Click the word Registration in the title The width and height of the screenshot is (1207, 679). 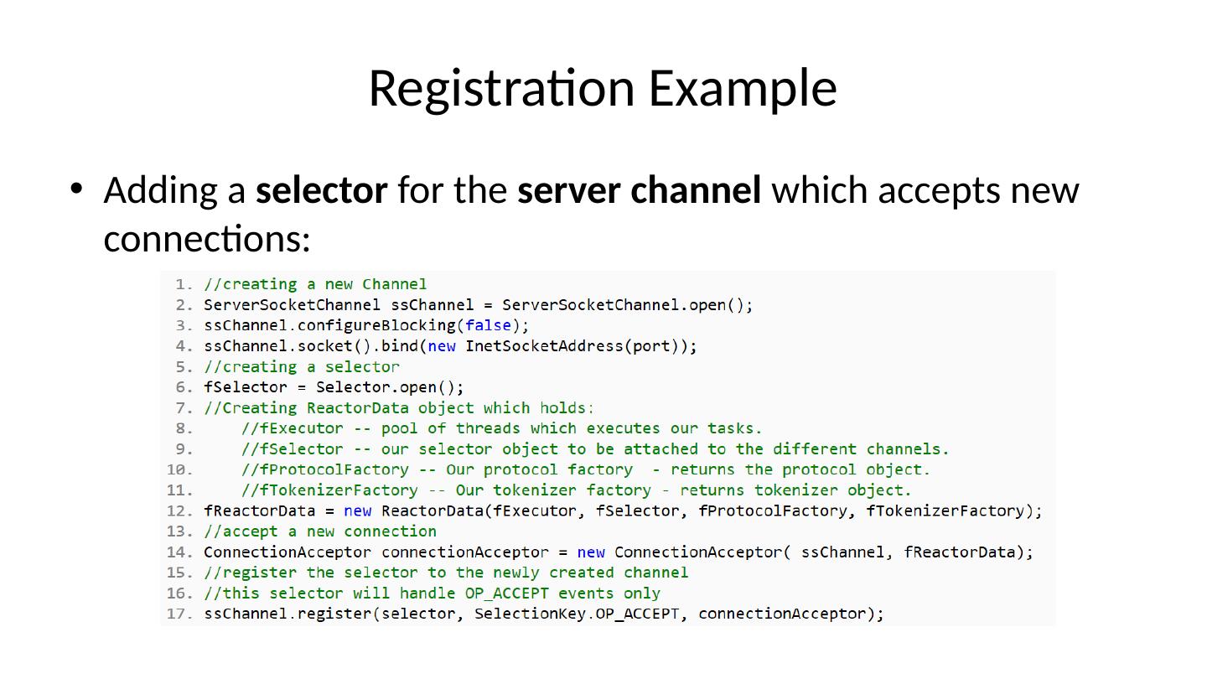pos(503,88)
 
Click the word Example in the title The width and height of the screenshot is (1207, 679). pos(743,88)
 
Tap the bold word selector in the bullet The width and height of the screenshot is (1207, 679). pos(321,190)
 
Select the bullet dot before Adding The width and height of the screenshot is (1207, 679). pos(76,189)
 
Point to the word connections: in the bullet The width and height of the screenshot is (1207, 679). pos(207,239)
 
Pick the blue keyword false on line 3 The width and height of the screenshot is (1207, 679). pos(488,325)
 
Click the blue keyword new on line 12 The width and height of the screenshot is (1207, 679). pos(358,511)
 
